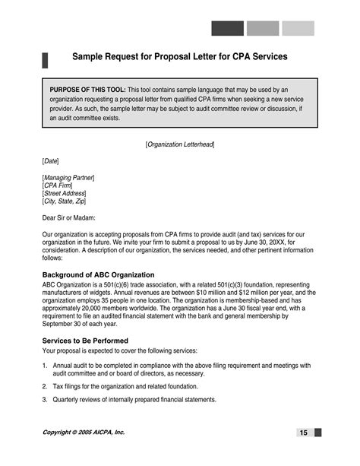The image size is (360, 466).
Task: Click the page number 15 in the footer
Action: click(303, 433)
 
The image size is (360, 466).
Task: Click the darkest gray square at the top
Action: click(227, 29)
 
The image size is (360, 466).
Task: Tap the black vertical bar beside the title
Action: click(45, 61)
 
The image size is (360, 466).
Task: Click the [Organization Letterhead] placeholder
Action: click(180, 144)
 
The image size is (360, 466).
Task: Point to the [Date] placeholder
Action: click(50, 160)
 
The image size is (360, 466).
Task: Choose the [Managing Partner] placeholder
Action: click(68, 177)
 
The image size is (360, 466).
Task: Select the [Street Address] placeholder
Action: click(64, 194)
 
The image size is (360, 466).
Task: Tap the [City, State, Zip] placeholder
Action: click(65, 202)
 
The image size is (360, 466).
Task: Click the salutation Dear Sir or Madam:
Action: click(69, 218)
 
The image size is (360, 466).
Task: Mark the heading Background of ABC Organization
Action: click(99, 274)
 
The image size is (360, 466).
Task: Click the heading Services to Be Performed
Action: click(85, 341)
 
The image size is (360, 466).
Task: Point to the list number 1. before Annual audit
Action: click(45, 366)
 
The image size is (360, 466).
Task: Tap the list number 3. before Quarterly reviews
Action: click(45, 400)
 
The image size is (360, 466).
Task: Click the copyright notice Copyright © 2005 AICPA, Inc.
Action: click(84, 432)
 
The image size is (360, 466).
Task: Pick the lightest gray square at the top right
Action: click(298, 29)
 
